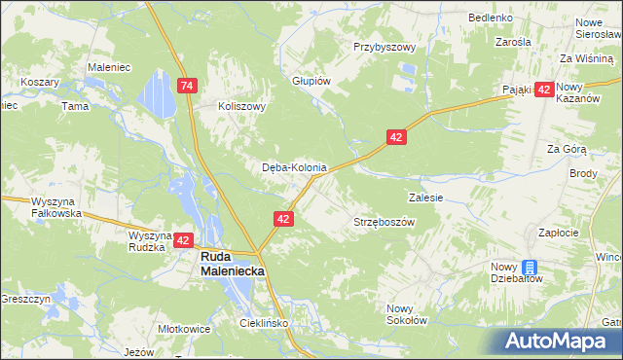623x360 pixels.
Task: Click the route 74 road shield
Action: tap(188, 87)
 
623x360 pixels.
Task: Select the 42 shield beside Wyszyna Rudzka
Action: tap(185, 238)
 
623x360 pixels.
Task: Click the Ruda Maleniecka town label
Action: tap(233, 264)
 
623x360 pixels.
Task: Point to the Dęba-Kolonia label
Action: tap(294, 167)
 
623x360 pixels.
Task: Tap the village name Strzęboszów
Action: tap(384, 222)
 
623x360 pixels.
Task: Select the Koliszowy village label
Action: tap(242, 107)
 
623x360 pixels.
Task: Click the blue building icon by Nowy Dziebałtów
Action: tap(530, 268)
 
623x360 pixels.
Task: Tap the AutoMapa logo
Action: tap(557, 342)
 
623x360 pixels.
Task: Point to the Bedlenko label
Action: tap(490, 18)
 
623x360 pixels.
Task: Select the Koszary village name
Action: tap(40, 83)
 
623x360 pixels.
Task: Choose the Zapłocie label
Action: tap(559, 233)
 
